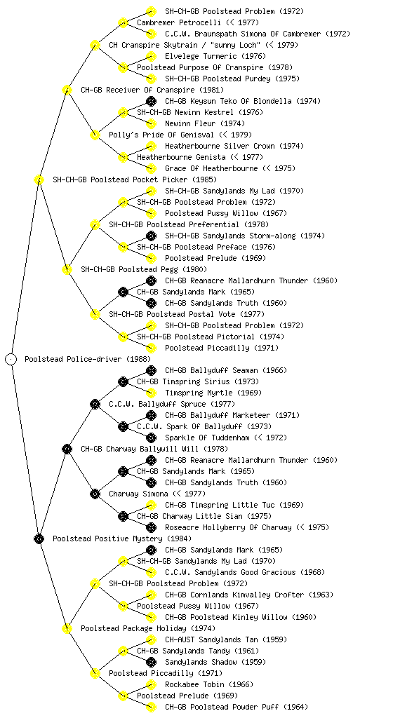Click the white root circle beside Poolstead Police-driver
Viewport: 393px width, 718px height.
point(11,359)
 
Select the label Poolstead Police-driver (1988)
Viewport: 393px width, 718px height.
point(88,359)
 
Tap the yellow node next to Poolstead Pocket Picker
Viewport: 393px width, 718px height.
point(39,179)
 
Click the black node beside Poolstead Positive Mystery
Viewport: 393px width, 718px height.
point(39,538)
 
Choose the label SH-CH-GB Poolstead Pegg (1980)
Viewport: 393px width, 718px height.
point(144,269)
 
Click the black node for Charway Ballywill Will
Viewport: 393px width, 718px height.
point(67,449)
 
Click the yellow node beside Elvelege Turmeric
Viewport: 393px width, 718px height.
point(151,56)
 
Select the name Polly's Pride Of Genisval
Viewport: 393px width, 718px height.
point(161,135)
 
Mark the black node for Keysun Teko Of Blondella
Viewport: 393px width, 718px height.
point(151,101)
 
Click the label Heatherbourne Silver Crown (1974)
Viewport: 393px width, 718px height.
point(233,146)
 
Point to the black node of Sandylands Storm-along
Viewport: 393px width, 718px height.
point(151,236)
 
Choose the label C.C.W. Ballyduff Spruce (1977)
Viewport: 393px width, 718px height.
point(172,404)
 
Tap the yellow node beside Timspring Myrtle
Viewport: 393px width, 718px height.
point(151,393)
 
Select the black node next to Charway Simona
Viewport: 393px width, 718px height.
point(95,494)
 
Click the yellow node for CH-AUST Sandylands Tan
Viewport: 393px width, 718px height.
point(151,639)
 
